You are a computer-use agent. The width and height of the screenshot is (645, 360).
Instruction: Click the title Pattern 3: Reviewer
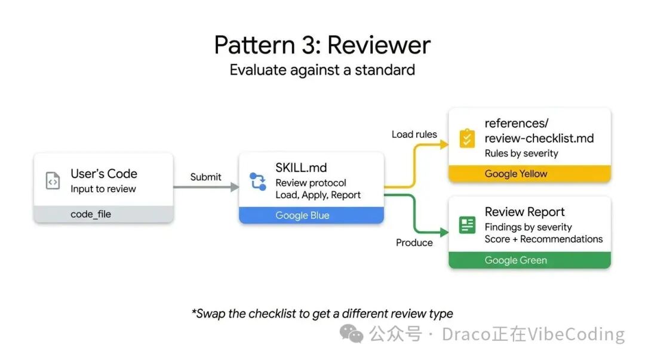322,45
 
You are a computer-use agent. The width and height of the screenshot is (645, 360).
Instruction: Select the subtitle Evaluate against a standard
322,70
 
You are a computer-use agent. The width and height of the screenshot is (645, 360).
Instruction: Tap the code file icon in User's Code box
53,180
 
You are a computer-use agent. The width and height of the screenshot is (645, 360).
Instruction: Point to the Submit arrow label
205,177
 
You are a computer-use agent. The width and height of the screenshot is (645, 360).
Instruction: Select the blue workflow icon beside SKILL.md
257,181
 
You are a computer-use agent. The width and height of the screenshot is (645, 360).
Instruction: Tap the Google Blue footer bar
311,216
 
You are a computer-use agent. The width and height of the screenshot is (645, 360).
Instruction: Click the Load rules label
414,134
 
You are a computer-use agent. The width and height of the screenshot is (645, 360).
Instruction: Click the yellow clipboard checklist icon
466,139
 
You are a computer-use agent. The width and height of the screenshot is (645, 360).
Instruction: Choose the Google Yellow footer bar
529,174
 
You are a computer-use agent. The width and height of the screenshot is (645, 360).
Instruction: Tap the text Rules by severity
521,153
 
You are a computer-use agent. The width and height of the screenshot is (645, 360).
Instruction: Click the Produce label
414,242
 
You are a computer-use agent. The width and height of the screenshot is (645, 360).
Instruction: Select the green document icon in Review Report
466,225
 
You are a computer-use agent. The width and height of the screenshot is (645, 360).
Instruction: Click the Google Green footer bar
529,260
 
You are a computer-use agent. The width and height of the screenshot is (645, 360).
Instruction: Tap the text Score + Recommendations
543,239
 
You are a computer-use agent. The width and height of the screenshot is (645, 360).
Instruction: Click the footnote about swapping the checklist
322,313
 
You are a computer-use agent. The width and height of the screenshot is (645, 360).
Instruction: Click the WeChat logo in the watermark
351,334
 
